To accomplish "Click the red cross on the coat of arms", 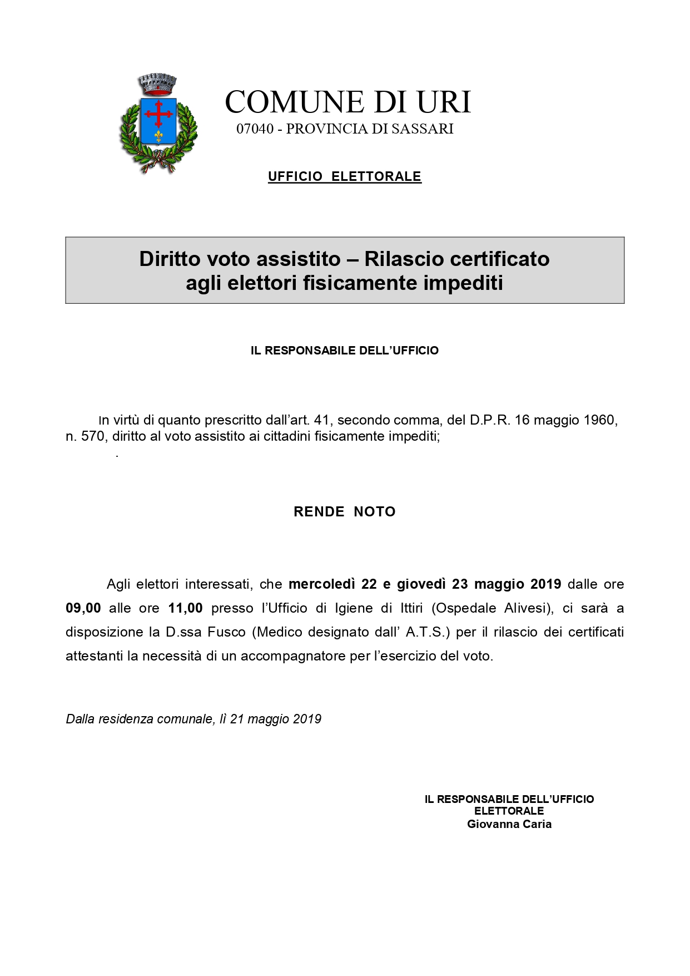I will pyautogui.click(x=158, y=115).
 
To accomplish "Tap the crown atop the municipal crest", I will pyautogui.click(x=158, y=83).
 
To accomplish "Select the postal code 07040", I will pyautogui.click(x=255, y=129).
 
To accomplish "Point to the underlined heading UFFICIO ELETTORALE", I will pyautogui.click(x=345, y=177).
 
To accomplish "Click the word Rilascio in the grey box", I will pyautogui.click(x=403, y=259).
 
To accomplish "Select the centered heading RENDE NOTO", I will pyautogui.click(x=345, y=512).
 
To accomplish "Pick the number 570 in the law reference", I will pyautogui.click(x=93, y=436).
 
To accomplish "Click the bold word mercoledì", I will pyautogui.click(x=321, y=584).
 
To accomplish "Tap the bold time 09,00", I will pyautogui.click(x=83, y=608).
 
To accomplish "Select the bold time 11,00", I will pyautogui.click(x=185, y=608).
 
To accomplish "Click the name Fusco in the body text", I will pyautogui.click(x=226, y=632).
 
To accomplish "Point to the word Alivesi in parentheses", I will pyautogui.click(x=525, y=608).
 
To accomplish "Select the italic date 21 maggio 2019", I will pyautogui.click(x=276, y=719).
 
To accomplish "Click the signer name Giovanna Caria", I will pyautogui.click(x=509, y=824).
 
